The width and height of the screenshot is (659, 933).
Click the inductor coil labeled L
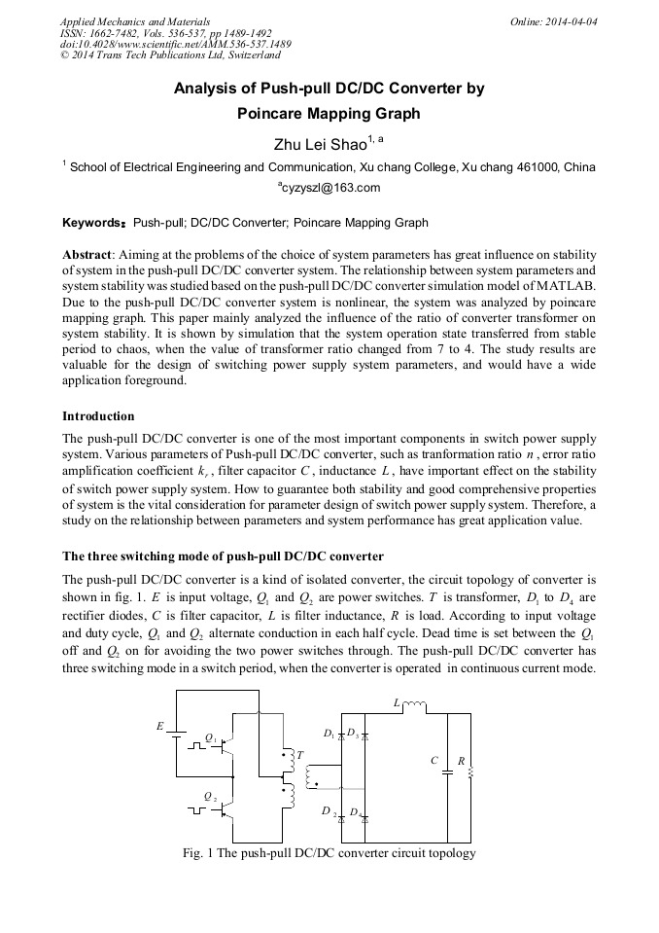(414, 705)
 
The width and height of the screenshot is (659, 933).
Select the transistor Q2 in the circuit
(225, 807)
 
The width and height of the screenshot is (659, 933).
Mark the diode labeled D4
(364, 818)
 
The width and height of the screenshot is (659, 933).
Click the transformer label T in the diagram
(299, 755)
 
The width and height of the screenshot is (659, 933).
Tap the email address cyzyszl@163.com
(329, 188)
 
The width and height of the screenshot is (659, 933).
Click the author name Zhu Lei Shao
(323, 145)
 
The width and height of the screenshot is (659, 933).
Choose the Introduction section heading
(98, 416)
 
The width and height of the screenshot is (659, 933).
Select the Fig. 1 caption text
(329, 853)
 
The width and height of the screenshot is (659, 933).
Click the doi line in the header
(175, 45)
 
